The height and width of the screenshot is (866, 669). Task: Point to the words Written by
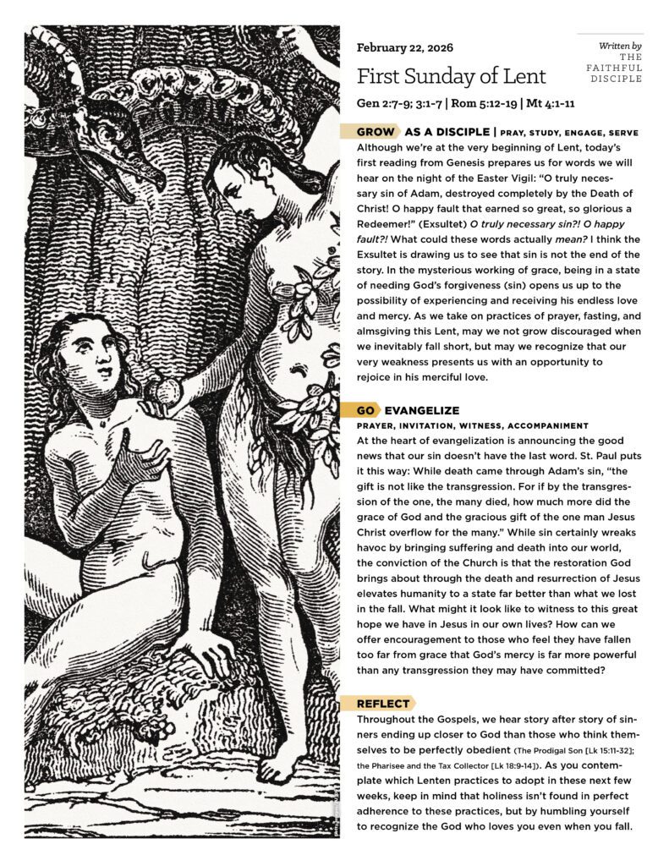coord(620,44)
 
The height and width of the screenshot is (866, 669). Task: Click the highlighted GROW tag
coord(375,132)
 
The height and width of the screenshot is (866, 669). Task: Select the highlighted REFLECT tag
coord(382,703)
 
